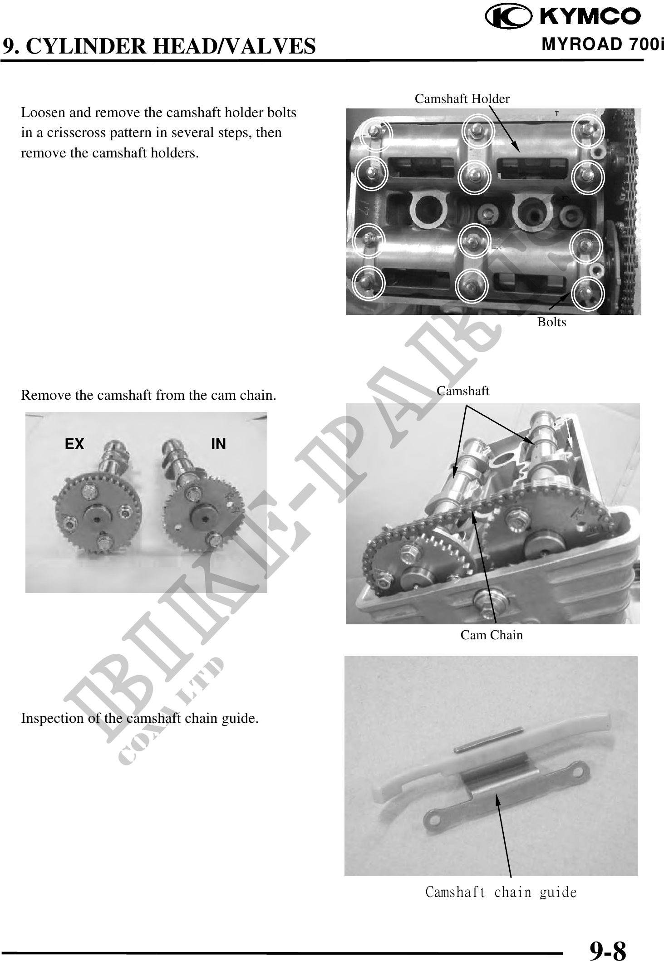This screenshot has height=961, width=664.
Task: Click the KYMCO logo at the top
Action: (563, 17)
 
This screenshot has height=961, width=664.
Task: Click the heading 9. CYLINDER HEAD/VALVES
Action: (159, 46)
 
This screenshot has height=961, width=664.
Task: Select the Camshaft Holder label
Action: (462, 98)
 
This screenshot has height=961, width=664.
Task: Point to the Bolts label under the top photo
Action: (551, 322)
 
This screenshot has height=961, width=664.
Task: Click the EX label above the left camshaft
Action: (74, 444)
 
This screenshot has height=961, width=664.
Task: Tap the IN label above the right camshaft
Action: (218, 444)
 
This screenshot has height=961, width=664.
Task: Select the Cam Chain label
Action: (492, 635)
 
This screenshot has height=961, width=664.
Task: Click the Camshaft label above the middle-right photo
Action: (463, 391)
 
